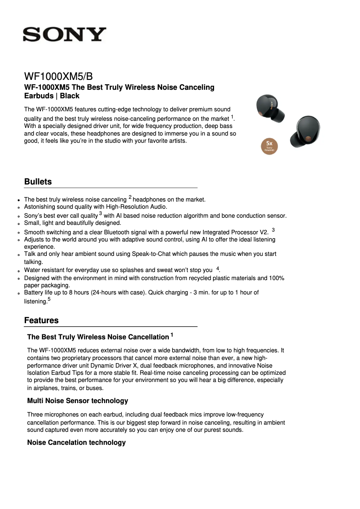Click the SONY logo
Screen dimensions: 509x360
point(65,35)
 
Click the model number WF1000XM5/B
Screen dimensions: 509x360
point(58,76)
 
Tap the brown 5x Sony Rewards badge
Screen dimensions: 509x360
point(270,146)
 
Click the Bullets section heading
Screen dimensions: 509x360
point(38,182)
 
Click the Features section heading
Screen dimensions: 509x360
point(41,320)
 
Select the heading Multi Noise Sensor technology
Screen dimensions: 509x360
point(78,401)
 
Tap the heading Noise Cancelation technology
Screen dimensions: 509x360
point(76,443)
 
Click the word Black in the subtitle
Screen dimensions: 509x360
point(70,96)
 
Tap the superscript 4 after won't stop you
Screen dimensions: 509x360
point(218,268)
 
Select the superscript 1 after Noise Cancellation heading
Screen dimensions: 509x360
point(171,335)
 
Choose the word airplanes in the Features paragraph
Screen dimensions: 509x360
point(44,388)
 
